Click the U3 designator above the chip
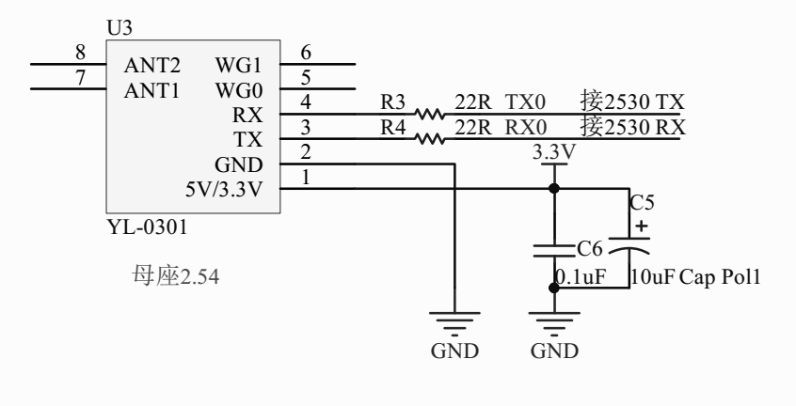(x=120, y=28)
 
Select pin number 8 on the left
(x=80, y=52)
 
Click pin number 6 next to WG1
(x=305, y=52)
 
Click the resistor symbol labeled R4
(x=430, y=141)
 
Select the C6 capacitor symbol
(x=552, y=251)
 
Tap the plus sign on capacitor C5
(x=641, y=226)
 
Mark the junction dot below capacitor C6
(x=553, y=288)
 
